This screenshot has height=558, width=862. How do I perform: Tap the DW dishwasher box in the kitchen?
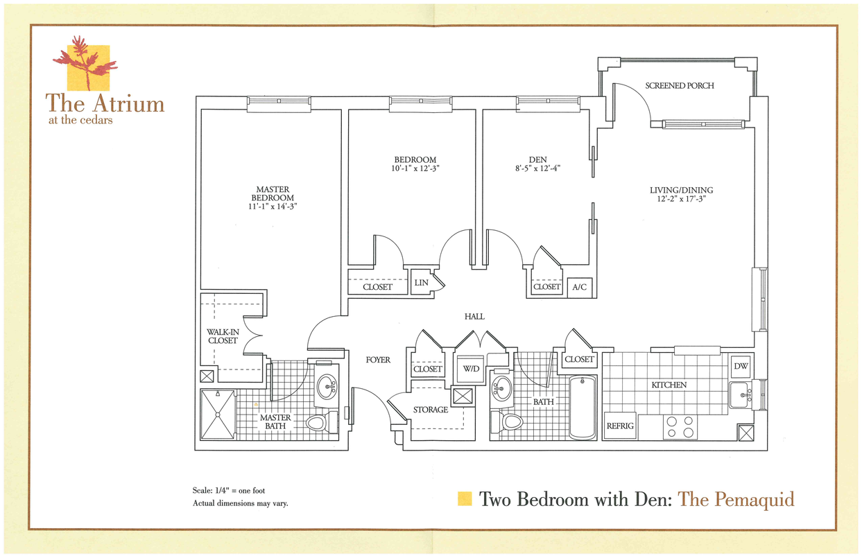pos(741,366)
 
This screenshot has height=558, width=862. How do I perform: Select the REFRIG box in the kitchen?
pos(620,426)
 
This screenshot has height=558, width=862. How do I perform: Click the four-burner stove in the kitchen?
pos(680,427)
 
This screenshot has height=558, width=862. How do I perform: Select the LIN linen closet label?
pos(421,284)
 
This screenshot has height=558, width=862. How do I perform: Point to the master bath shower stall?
pos(218,414)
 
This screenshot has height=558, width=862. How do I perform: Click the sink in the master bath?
pos(326,386)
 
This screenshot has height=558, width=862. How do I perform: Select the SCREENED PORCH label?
pos(679,86)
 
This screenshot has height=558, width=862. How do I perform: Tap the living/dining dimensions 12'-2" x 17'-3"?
pos(681,199)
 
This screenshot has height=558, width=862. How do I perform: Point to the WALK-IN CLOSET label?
pos(222,336)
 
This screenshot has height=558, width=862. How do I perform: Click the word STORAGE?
pos(431,410)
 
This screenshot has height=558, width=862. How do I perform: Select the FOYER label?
pos(378,360)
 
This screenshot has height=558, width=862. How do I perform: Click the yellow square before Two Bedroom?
pos(465,498)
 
